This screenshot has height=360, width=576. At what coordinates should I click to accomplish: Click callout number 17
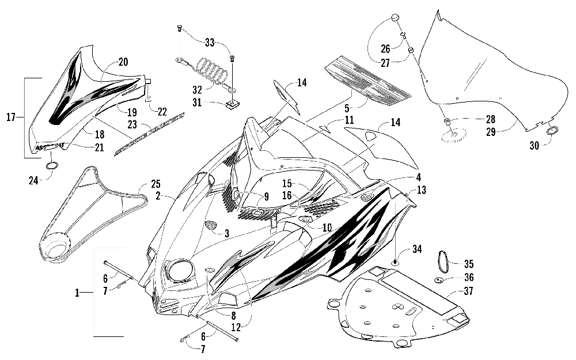tap(10, 118)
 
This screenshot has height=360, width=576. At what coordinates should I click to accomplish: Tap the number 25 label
tap(155, 184)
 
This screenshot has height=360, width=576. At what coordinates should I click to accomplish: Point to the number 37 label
tap(468, 291)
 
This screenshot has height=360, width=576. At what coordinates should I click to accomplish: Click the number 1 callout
tap(77, 293)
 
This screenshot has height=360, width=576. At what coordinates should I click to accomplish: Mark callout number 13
tap(422, 190)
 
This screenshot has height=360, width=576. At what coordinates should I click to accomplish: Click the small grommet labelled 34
tap(396, 262)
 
